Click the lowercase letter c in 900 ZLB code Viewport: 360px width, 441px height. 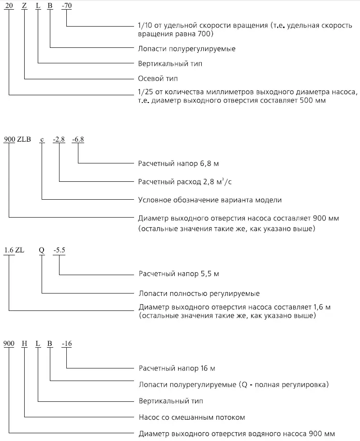(x=42, y=140)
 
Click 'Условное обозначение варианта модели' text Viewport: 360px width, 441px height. (x=210, y=200)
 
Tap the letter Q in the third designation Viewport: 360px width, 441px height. (x=42, y=250)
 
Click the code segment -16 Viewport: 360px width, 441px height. (x=66, y=344)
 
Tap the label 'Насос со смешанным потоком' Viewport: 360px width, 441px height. (x=192, y=417)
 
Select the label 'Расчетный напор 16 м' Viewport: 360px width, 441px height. (x=177, y=368)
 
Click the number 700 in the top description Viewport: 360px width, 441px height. (x=205, y=34)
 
